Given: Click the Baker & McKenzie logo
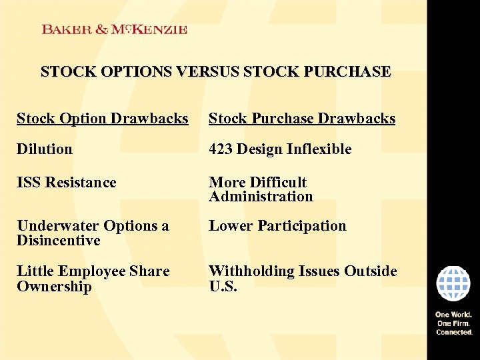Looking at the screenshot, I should [x=114, y=29].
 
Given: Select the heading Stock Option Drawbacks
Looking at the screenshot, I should [x=103, y=119].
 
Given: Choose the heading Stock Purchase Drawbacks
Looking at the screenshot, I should [x=302, y=119].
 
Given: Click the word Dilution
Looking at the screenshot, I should [x=45, y=149].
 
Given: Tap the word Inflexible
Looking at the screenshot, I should [x=319, y=149].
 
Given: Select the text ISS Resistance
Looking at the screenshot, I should [x=67, y=183].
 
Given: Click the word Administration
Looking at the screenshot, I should [x=261, y=197].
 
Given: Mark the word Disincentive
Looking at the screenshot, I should [x=59, y=241].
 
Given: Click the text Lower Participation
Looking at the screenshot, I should [x=277, y=226].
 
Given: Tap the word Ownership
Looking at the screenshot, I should [x=54, y=287].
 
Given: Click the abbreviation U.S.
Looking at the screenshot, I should [x=223, y=287].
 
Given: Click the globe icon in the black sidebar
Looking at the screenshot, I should [x=453, y=284].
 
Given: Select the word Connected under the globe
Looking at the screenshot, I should [x=454, y=331].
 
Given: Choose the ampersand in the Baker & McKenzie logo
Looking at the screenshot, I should [x=102, y=29].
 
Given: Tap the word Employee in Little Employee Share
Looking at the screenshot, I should [x=91, y=271].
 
